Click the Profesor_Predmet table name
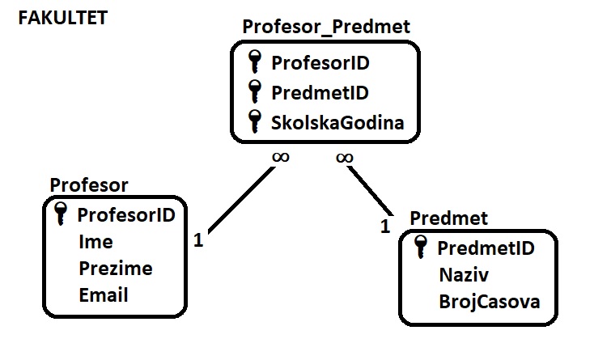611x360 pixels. [x=326, y=28]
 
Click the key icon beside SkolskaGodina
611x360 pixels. [x=256, y=121]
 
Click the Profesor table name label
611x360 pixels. [x=88, y=185]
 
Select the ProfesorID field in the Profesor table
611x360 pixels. [x=126, y=215]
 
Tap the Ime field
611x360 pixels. [x=95, y=242]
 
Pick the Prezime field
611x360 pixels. [x=115, y=268]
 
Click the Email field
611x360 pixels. [x=104, y=294]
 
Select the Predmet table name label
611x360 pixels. [x=449, y=218]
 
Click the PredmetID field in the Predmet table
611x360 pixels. [x=486, y=248]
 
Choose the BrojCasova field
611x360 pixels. [x=489, y=302]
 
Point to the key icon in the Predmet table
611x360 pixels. [x=420, y=247]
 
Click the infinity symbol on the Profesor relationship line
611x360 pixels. [x=280, y=157]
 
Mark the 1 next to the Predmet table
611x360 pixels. [x=385, y=226]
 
